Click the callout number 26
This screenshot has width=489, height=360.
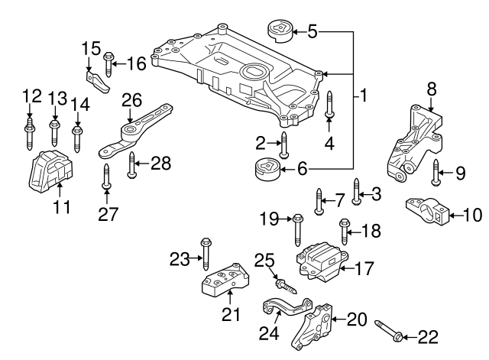(x=131, y=99)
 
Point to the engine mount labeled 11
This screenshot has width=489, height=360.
(x=49, y=173)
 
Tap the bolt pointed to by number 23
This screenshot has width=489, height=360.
(x=206, y=252)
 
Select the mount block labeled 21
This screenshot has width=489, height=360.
(x=222, y=285)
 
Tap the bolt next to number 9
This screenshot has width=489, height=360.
(x=436, y=174)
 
